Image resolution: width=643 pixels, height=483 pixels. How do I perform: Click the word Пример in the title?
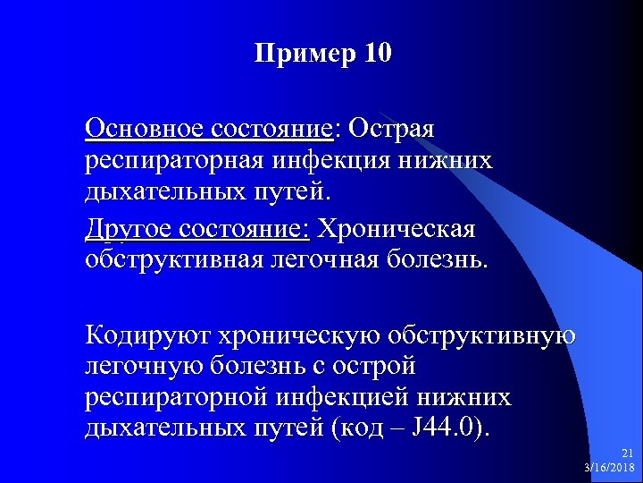click(304, 54)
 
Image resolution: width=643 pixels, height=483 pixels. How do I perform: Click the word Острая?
click(392, 129)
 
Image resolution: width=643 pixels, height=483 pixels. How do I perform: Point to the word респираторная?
click(173, 161)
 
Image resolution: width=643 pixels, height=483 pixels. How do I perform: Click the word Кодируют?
click(142, 335)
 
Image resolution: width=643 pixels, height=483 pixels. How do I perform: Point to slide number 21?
click(627, 454)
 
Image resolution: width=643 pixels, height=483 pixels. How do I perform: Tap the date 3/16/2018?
click(607, 468)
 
